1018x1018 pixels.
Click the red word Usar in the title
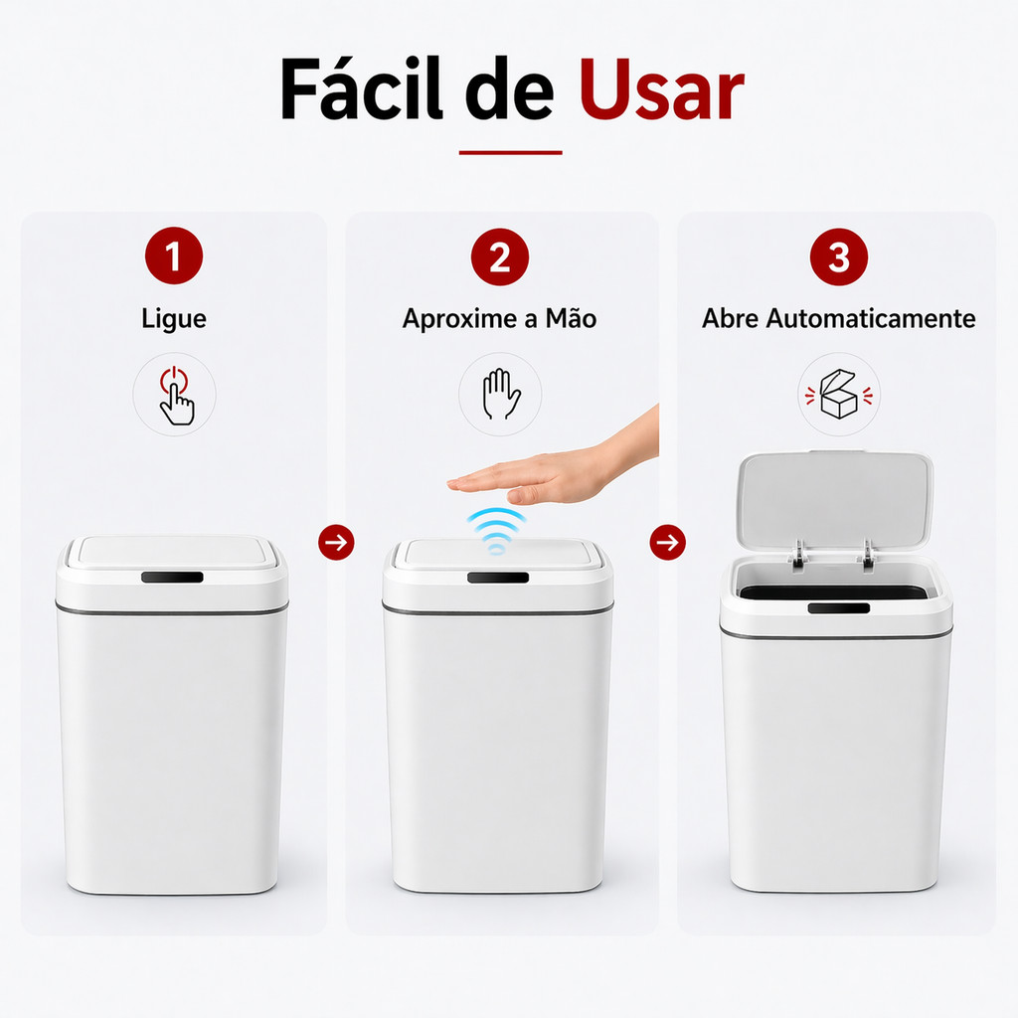[x=661, y=89]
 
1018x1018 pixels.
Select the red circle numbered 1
[x=174, y=255]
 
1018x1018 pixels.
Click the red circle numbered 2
[x=500, y=257]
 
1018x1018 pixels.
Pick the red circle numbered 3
[x=839, y=257]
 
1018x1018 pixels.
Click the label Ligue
[x=174, y=319]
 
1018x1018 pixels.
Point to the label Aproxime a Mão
[x=499, y=318]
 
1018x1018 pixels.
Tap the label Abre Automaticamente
[x=839, y=318]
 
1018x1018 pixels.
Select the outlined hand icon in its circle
[x=501, y=394]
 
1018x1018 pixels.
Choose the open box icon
[x=839, y=394]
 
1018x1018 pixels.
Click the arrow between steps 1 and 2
[x=336, y=542]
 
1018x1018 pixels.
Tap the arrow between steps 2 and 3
[x=667, y=542]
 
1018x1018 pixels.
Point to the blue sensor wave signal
[x=497, y=530]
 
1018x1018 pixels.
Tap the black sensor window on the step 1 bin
[x=172, y=578]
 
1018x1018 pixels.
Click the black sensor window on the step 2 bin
[x=498, y=578]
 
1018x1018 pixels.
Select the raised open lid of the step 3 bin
[x=835, y=499]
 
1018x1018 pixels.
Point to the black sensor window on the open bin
[x=839, y=607]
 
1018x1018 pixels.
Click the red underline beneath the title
[x=510, y=152]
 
